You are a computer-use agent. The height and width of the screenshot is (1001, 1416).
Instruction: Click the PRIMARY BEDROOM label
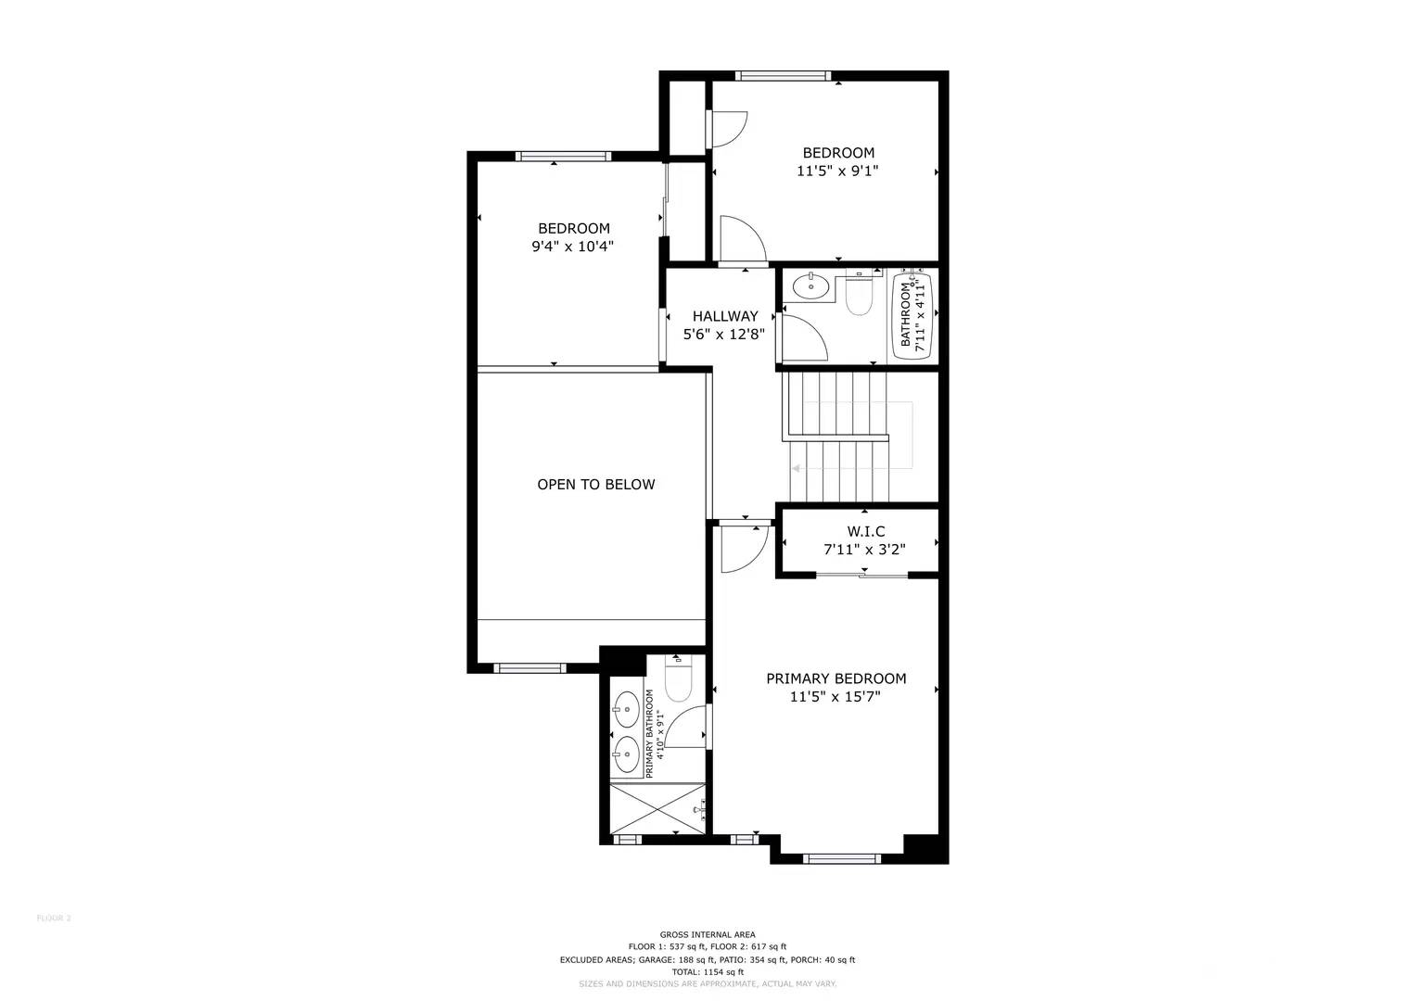(x=836, y=678)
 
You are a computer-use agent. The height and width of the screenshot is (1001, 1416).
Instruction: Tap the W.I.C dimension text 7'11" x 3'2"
(x=864, y=550)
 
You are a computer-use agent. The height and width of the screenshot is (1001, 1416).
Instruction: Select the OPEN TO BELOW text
(x=595, y=485)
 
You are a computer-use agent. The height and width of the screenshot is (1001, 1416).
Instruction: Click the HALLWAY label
(x=724, y=316)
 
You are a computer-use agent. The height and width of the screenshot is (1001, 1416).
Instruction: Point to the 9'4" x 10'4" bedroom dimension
(x=572, y=247)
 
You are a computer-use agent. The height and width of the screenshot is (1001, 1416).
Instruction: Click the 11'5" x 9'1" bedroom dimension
(x=837, y=171)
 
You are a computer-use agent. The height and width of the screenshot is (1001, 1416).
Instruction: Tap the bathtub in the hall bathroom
(x=911, y=313)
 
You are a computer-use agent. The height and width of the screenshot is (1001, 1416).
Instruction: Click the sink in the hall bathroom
(x=811, y=286)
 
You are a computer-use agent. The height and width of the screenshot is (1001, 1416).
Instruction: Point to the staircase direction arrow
(x=797, y=469)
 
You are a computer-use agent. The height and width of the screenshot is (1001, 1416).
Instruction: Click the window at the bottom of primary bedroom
(x=841, y=858)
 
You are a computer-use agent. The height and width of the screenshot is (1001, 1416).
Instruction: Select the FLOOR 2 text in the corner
(x=54, y=919)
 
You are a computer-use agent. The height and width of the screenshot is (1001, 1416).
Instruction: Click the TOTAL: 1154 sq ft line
(x=707, y=972)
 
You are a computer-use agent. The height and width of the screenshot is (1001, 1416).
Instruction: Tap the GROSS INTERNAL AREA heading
(x=707, y=934)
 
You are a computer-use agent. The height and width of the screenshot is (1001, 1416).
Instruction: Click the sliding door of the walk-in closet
(x=861, y=577)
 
